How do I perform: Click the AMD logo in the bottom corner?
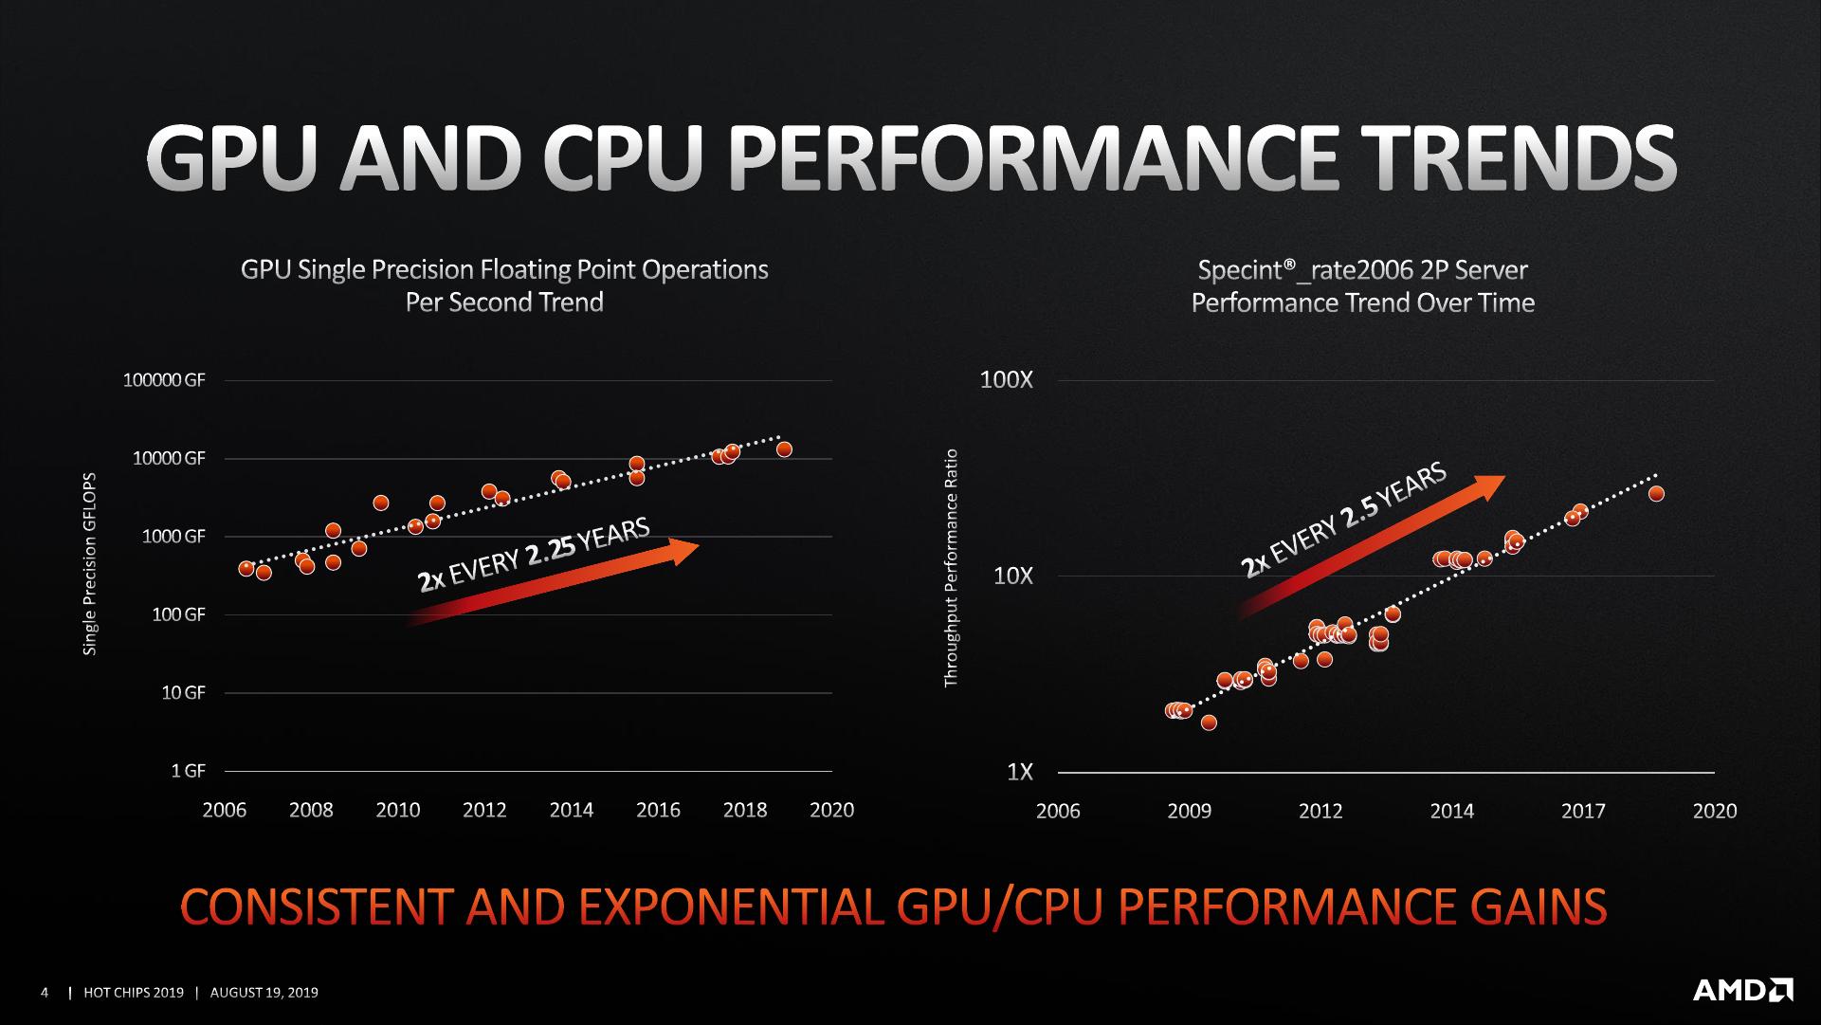point(1742,991)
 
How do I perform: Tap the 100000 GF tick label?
point(164,380)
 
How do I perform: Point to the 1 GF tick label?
point(188,771)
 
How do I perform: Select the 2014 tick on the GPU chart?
point(571,810)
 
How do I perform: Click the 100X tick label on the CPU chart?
point(1006,380)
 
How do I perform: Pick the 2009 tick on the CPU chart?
point(1189,811)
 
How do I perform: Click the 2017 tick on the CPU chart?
point(1583,811)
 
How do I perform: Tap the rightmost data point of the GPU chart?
point(784,449)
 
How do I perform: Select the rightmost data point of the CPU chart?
point(1656,493)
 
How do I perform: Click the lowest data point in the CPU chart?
point(1209,723)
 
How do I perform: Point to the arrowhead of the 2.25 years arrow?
point(684,550)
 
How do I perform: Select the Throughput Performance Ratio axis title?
point(952,568)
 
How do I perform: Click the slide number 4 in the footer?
point(45,993)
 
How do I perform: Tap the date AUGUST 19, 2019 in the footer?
point(264,993)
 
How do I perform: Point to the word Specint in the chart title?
point(1240,270)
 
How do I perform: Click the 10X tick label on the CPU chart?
point(1012,576)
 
